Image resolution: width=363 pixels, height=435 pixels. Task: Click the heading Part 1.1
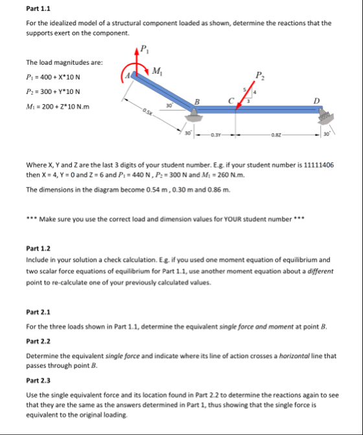coord(38,8)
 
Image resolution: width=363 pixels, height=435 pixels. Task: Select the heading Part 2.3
coord(38,381)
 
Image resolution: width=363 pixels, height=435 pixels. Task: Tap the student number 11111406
coord(319,165)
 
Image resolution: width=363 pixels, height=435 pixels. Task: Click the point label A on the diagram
coord(128,75)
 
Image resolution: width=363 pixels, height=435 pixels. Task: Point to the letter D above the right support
coord(316,100)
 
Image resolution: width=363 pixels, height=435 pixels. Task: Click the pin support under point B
coord(193,116)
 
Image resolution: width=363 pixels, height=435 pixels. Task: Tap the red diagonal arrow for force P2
coord(245,95)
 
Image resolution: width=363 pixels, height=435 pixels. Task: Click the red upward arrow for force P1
coord(136,60)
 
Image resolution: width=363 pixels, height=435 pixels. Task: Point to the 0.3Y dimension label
coord(215,135)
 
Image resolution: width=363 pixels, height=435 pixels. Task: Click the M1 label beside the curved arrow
coord(158,71)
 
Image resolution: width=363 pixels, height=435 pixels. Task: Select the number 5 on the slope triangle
coord(244,89)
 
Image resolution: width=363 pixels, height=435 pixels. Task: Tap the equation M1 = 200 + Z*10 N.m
coord(58,107)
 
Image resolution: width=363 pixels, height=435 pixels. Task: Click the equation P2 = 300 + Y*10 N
coord(53,91)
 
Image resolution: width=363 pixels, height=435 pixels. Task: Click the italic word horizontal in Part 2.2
coord(294,356)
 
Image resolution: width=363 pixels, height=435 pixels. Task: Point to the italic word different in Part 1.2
coord(320,271)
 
